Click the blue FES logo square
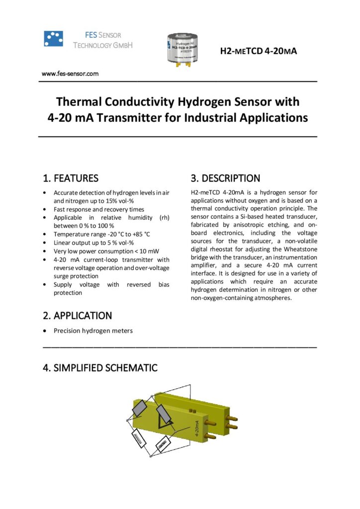pyautogui.click(x=53, y=38)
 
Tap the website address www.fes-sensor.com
pyautogui.click(x=70, y=74)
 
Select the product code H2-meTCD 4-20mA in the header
pyautogui.click(x=258, y=50)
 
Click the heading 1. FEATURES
pyautogui.click(x=71, y=178)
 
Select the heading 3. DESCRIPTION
pyautogui.click(x=225, y=178)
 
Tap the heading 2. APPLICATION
pyautogui.click(x=78, y=316)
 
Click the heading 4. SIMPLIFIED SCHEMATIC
pyautogui.click(x=100, y=368)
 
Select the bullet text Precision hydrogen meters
pyautogui.click(x=93, y=331)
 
